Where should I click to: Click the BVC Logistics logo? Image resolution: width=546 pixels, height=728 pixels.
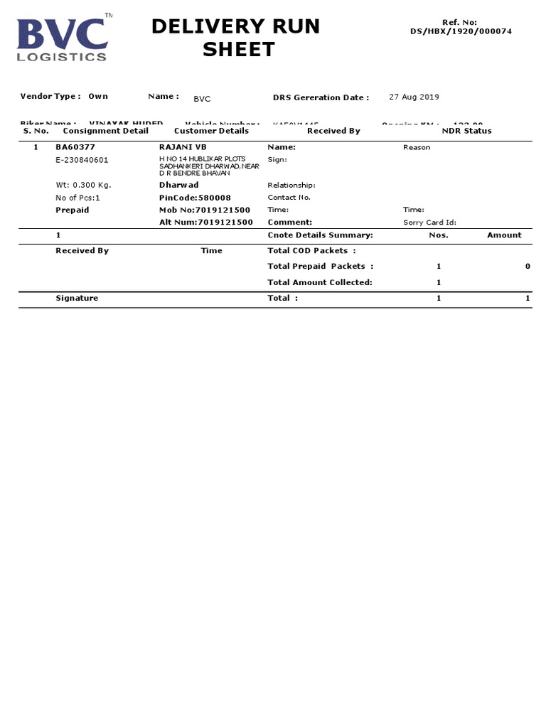click(x=63, y=37)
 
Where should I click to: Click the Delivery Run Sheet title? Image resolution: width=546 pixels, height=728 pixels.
click(x=236, y=38)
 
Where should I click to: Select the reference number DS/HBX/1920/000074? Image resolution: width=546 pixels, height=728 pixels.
click(x=461, y=31)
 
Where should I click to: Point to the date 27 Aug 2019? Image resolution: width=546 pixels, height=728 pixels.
click(x=414, y=97)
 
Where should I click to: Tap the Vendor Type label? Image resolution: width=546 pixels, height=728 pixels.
click(x=50, y=96)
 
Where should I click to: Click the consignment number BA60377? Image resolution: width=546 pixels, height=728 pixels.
click(x=75, y=147)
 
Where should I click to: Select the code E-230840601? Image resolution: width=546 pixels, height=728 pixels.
click(x=82, y=160)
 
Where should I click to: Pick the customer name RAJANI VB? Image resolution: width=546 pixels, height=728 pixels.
click(x=183, y=147)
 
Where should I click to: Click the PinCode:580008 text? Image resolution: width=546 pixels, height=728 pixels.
click(x=195, y=198)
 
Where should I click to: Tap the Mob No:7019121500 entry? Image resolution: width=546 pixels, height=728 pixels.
click(x=205, y=210)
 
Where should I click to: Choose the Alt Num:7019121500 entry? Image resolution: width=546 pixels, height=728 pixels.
click(x=206, y=223)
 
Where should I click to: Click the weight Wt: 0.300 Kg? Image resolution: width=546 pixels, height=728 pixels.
click(x=83, y=185)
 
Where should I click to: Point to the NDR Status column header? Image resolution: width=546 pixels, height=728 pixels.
click(x=466, y=131)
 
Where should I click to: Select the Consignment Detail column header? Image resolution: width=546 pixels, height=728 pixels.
click(x=106, y=131)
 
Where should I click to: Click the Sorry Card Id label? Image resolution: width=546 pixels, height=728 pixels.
click(x=429, y=223)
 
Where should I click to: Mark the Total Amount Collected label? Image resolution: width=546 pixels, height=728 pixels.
click(x=319, y=282)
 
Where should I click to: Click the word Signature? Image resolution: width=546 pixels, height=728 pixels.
click(x=77, y=299)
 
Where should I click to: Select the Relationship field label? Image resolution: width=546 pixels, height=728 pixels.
click(x=291, y=185)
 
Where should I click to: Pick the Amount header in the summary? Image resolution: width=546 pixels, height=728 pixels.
click(x=504, y=235)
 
